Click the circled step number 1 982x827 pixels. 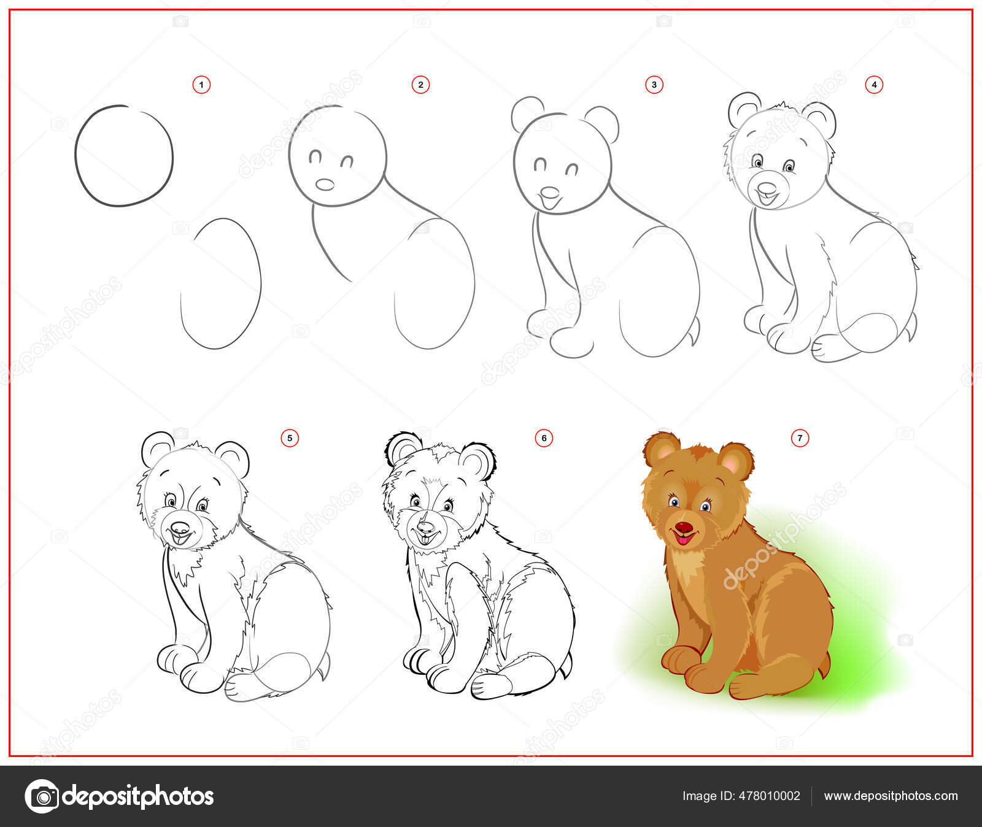coord(201,85)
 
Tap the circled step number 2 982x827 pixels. coord(420,85)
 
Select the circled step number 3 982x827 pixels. coord(654,85)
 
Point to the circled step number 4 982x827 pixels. coord(874,85)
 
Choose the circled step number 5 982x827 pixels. coord(290,438)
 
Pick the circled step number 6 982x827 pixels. coord(544,438)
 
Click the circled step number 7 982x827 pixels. coord(800,438)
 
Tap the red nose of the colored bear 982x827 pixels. coord(684,528)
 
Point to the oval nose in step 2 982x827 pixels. coord(325,184)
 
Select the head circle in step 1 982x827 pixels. coord(124,156)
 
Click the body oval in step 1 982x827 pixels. coord(221,283)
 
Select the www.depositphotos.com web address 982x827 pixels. coord(891,796)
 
